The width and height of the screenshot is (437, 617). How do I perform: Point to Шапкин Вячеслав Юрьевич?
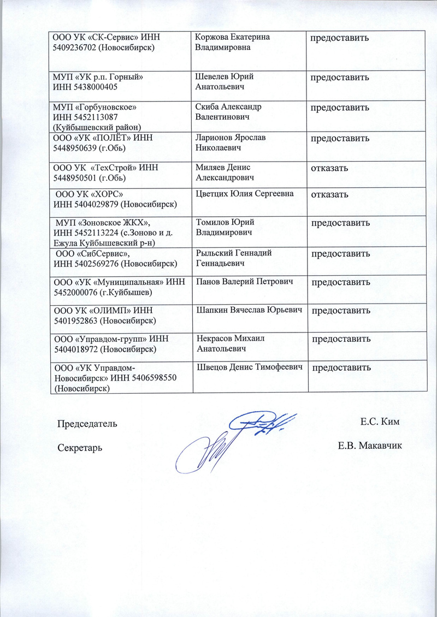point(249,310)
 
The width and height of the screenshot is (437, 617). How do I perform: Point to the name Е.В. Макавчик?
point(370,446)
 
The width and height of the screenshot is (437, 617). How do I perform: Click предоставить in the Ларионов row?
point(341,139)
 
